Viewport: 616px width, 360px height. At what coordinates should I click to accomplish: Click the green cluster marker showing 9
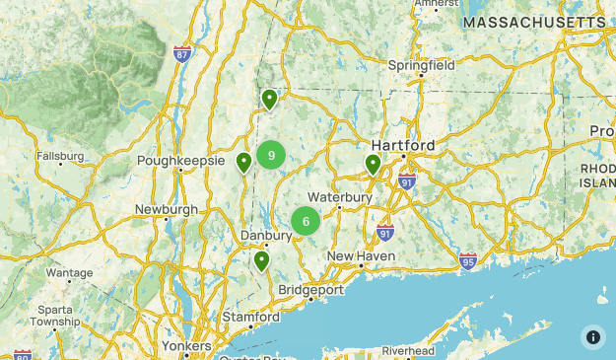271,155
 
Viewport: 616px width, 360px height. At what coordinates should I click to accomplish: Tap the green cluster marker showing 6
306,221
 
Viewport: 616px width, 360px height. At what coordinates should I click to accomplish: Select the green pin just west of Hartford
373,165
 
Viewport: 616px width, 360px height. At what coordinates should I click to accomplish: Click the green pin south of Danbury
261,261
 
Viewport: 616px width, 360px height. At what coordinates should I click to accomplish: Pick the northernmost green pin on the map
269,99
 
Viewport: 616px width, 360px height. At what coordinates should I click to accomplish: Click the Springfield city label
421,64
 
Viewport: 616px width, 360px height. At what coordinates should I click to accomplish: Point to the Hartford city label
403,145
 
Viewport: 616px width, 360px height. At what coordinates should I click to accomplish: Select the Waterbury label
339,197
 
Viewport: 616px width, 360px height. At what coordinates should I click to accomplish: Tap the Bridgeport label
310,290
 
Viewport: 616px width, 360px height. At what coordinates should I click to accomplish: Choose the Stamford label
250,317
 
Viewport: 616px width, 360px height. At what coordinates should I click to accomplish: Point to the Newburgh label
167,209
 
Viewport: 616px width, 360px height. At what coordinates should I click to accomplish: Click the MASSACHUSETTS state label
535,22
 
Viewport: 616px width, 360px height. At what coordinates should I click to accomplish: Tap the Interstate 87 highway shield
181,53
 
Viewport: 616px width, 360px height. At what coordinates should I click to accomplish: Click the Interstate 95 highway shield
468,260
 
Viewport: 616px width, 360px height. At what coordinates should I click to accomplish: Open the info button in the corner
592,336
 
